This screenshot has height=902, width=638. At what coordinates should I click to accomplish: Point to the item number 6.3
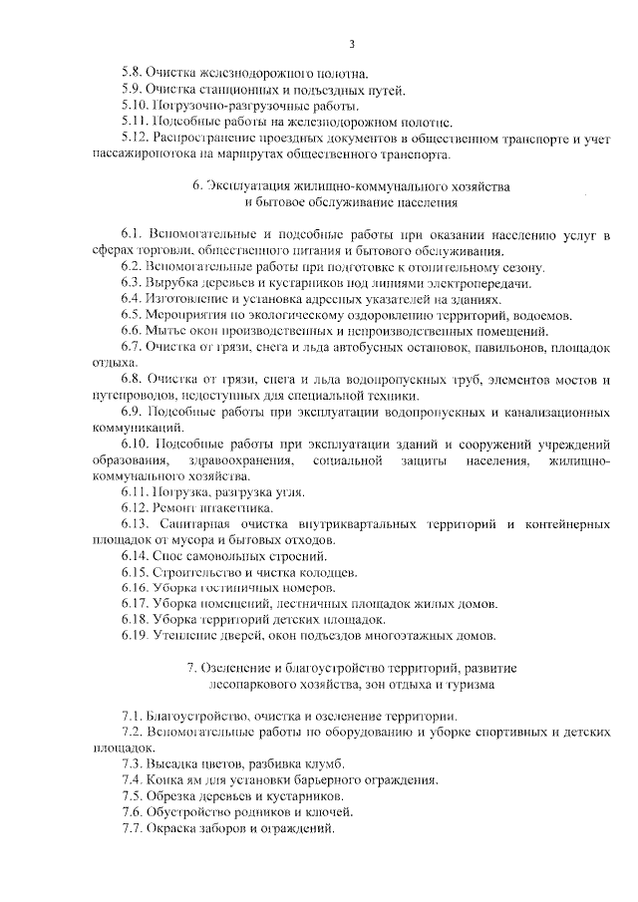click(131, 284)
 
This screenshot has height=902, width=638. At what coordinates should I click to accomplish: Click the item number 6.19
click(134, 636)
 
